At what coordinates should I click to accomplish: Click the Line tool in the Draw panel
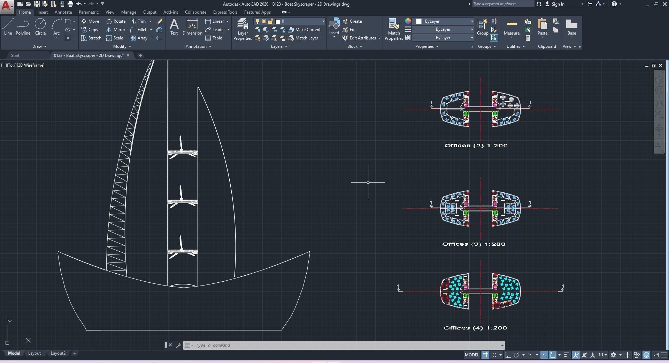click(x=8, y=26)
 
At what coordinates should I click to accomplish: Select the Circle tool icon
click(x=40, y=26)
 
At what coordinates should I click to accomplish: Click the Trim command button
click(x=138, y=21)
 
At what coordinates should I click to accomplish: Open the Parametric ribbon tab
click(x=89, y=12)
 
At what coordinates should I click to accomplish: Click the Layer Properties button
click(x=243, y=29)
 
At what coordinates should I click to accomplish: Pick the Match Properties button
click(x=394, y=29)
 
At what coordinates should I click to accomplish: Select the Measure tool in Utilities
click(x=512, y=27)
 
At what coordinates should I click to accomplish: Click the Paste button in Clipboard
click(x=542, y=27)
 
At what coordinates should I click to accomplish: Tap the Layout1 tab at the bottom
click(x=35, y=353)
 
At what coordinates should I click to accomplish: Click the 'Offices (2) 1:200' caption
click(x=476, y=146)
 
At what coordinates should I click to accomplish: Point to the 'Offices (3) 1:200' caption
click(x=474, y=244)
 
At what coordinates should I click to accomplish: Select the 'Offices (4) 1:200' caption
click(x=475, y=328)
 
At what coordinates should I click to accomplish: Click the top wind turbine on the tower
click(x=182, y=150)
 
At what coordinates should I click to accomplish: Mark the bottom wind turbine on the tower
click(x=182, y=249)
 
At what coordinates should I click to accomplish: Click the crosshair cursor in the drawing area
click(x=368, y=182)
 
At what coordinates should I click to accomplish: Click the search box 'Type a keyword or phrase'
click(x=502, y=4)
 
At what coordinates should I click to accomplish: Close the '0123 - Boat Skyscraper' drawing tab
click(x=128, y=55)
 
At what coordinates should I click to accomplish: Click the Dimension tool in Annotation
click(x=192, y=27)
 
